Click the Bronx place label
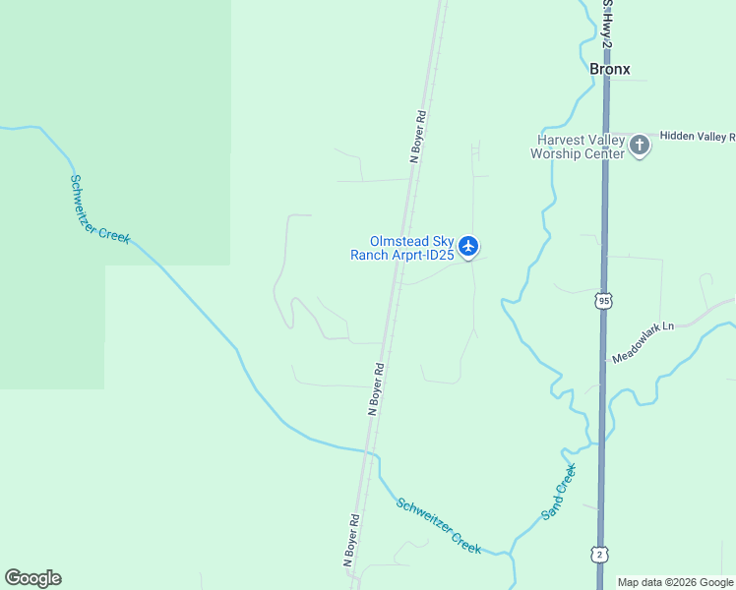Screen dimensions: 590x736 [x=609, y=69]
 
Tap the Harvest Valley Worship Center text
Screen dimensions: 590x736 [x=578, y=147]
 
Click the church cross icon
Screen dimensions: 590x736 [x=640, y=146]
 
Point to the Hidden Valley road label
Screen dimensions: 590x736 [x=697, y=137]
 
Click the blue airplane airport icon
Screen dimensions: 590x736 [x=468, y=246]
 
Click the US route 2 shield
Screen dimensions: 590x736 [x=598, y=555]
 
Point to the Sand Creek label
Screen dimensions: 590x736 [x=558, y=495]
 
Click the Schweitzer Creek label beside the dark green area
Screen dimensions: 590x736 [x=99, y=208]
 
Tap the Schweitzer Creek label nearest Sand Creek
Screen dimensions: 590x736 [x=439, y=526]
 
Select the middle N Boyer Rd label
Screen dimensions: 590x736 [x=376, y=389]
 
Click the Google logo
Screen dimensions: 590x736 [x=32, y=578]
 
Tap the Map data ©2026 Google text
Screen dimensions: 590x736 [x=675, y=582]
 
